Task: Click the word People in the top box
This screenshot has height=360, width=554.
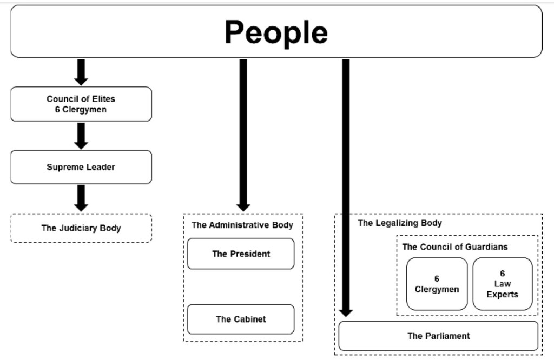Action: tap(276, 32)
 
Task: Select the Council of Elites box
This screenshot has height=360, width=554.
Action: tap(81, 104)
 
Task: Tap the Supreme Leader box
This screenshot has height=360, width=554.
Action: tap(81, 167)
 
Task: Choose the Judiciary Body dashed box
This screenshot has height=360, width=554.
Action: tap(81, 228)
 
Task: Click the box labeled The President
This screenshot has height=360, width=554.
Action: tap(241, 254)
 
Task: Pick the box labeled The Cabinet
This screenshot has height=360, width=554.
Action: tap(241, 319)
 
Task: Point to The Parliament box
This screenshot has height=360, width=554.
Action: tap(438, 336)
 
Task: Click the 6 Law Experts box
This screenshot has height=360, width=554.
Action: tap(502, 284)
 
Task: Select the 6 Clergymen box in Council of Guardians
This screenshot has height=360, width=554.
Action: tap(437, 284)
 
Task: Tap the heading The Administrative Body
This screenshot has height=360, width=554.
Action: tap(242, 225)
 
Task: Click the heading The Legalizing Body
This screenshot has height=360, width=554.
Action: tap(400, 223)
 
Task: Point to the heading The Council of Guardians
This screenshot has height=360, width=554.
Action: tap(455, 246)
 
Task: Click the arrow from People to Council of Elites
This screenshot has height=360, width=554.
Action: tap(81, 72)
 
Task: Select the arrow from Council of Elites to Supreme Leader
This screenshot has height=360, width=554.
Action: tap(81, 135)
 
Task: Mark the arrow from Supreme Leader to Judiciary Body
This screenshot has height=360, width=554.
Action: tap(81, 198)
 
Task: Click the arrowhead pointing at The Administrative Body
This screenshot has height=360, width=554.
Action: tap(243, 207)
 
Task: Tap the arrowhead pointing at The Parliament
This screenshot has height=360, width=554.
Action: tap(346, 312)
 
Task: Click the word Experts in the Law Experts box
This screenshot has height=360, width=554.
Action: tap(502, 295)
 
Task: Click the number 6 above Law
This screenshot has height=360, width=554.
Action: tap(502, 274)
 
